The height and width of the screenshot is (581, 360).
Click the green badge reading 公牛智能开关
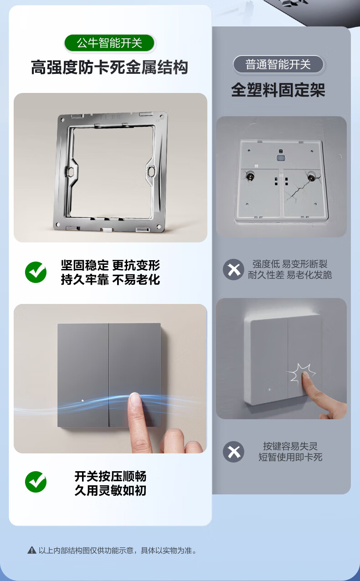pyautogui.click(x=109, y=43)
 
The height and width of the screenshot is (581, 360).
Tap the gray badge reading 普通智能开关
pyautogui.click(x=278, y=64)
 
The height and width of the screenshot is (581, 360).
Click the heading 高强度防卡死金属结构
pyautogui.click(x=109, y=67)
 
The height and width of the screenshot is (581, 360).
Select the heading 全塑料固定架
pyautogui.click(x=278, y=90)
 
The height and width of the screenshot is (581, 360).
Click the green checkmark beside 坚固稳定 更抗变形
pyautogui.click(x=36, y=272)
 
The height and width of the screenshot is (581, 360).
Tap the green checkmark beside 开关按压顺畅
pyautogui.click(x=36, y=482)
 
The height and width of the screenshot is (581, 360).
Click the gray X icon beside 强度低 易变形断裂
pyautogui.click(x=233, y=269)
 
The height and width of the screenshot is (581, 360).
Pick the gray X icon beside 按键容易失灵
pyautogui.click(x=233, y=452)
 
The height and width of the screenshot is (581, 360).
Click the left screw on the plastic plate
pyautogui.click(x=250, y=176)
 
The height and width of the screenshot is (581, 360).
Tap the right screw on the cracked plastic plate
pyautogui.click(x=311, y=177)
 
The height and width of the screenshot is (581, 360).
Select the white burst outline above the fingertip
pyautogui.click(x=301, y=372)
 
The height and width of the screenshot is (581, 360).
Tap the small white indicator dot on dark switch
pyautogui.click(x=82, y=401)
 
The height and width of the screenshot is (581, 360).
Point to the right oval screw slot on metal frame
pyautogui.click(x=151, y=171)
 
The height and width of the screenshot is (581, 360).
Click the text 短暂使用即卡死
pyautogui.click(x=290, y=457)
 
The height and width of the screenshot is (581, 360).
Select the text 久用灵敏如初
pyautogui.click(x=110, y=490)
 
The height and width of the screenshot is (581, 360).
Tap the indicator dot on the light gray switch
pyautogui.click(x=269, y=390)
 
